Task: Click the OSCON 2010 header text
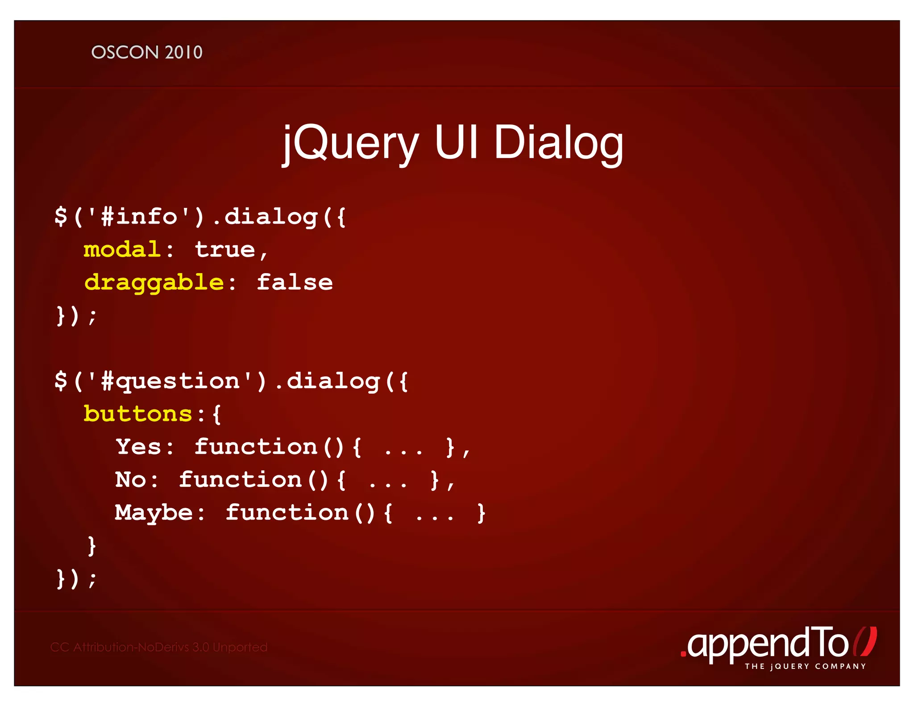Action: tap(147, 53)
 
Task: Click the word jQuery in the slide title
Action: tap(350, 143)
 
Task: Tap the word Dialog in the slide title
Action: tap(558, 143)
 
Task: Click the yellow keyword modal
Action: tap(122, 249)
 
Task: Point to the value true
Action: tap(225, 249)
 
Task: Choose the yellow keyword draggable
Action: tap(154, 282)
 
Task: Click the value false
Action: tap(295, 282)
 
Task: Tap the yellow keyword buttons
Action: tap(138, 414)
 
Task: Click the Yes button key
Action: tap(138, 447)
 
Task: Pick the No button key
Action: tap(130, 480)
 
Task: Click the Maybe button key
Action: tap(154, 512)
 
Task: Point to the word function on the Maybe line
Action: tap(287, 512)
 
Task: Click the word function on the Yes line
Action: tap(256, 447)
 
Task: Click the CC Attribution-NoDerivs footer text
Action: tap(159, 647)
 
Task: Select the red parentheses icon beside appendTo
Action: tap(865, 642)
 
